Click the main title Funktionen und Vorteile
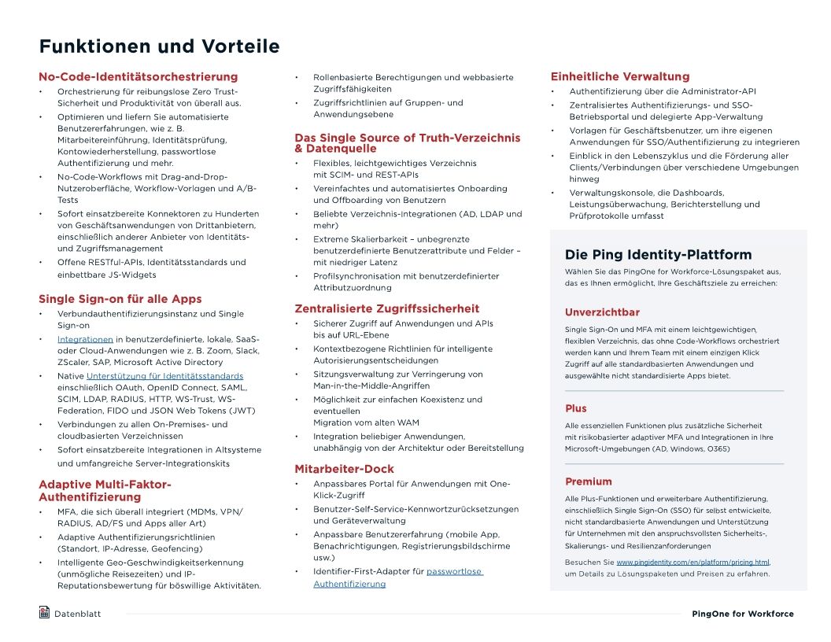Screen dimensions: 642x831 tap(159, 46)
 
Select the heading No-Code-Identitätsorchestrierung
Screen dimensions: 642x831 tap(138, 77)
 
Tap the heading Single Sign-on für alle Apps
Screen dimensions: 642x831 tap(120, 299)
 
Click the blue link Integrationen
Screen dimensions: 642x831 tap(85, 339)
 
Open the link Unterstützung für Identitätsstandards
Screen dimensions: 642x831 tap(164, 376)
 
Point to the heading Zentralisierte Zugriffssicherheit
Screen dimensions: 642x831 tap(386, 308)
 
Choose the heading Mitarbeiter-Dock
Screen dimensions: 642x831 tap(344, 469)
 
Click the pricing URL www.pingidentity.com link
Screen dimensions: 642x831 tap(692, 563)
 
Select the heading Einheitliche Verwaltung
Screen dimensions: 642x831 tap(619, 77)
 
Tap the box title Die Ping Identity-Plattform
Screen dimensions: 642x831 tap(658, 255)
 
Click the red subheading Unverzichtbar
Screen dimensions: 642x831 tap(602, 312)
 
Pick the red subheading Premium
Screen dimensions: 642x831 tap(588, 481)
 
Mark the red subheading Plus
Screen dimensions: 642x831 tap(575, 408)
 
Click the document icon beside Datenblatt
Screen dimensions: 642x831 tap(44, 612)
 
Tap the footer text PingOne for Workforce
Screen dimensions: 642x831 tap(742, 614)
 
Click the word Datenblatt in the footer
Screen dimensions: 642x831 tap(77, 614)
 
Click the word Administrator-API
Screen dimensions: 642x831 tap(718, 91)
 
